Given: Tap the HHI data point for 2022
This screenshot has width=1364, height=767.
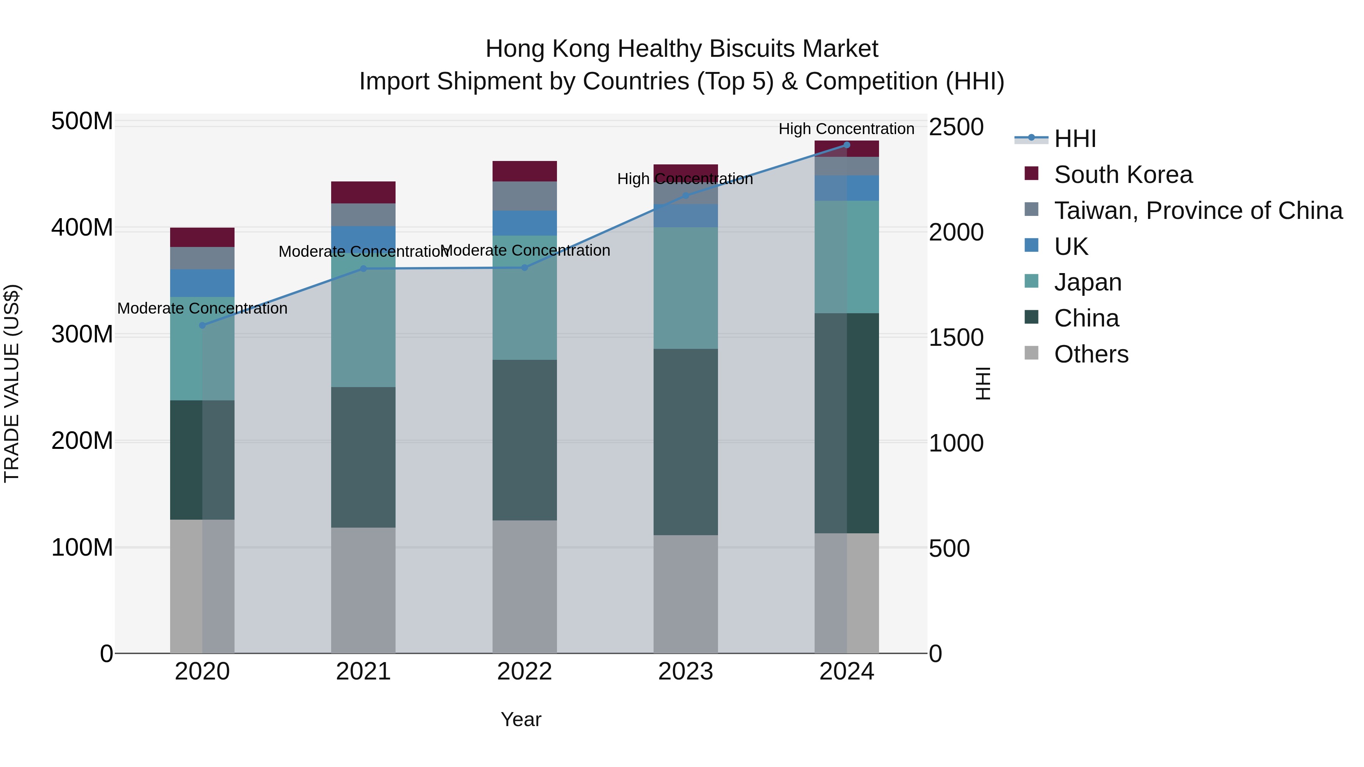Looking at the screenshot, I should (x=524, y=268).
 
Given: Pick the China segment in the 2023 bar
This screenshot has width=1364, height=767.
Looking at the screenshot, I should (x=685, y=442).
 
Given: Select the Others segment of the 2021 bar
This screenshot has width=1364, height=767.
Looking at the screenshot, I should (x=363, y=590).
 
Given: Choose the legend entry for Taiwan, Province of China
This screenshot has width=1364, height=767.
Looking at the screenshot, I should (x=1198, y=211).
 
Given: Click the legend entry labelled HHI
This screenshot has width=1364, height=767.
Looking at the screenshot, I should (x=1075, y=139).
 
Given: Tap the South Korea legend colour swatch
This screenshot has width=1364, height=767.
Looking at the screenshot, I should (x=1031, y=173).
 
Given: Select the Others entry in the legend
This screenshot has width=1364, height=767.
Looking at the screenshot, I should (x=1091, y=354).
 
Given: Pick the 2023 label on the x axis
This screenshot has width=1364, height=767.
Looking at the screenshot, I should (x=685, y=672).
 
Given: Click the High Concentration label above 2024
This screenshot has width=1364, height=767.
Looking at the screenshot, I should (x=846, y=129).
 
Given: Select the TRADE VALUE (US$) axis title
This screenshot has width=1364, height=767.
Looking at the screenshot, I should (x=12, y=383).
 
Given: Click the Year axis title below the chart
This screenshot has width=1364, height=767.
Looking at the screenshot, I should (x=521, y=719).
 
